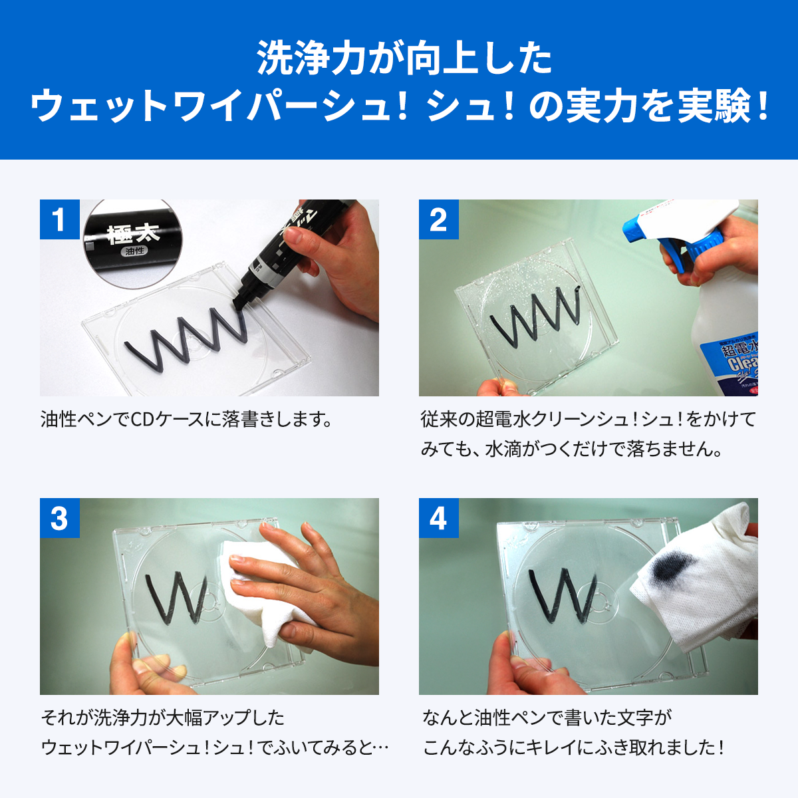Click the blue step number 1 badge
(59, 219)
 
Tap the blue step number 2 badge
(438, 219)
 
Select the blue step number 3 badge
(59, 518)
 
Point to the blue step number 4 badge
(438, 518)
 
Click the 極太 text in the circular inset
(134, 234)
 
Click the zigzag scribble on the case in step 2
(535, 313)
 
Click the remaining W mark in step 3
(176, 595)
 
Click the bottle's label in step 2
(738, 366)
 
